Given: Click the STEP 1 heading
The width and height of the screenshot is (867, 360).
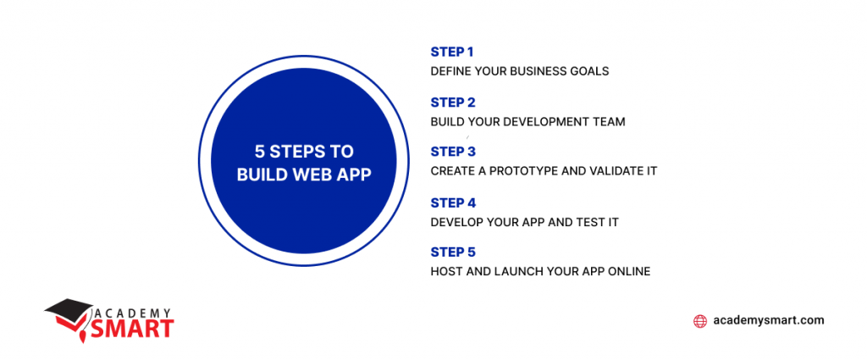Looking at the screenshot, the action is click(x=452, y=52).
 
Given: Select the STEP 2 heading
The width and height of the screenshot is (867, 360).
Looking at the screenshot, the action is click(x=453, y=102).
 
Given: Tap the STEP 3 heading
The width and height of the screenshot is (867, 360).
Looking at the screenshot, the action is click(x=453, y=152).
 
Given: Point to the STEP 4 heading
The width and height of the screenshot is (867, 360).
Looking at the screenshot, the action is click(x=454, y=202).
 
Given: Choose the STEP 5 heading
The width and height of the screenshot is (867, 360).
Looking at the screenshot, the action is click(x=453, y=252).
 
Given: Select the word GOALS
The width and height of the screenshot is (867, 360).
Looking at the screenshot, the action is click(x=591, y=71).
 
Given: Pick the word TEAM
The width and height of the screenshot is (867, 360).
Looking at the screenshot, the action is click(x=611, y=122).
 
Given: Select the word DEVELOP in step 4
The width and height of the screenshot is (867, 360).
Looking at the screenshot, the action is click(x=456, y=222).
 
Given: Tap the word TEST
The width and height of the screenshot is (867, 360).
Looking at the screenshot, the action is click(x=589, y=222).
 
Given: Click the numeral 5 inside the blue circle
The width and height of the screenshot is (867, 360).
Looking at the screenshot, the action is click(x=259, y=152).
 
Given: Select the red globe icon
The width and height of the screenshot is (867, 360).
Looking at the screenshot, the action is click(x=700, y=321).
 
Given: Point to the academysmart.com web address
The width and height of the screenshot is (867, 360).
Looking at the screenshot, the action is click(x=769, y=320).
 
